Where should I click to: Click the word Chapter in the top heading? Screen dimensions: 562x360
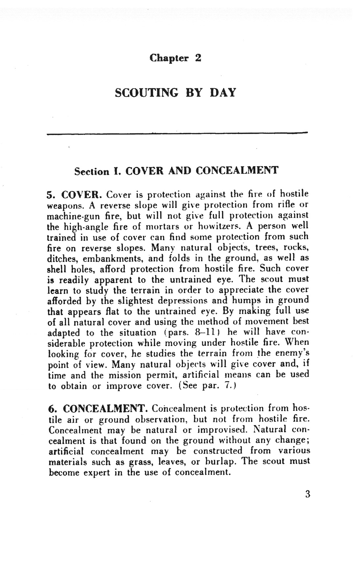point(169,58)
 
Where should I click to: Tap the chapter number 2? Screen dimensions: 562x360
point(198,58)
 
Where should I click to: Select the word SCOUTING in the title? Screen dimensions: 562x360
point(147,93)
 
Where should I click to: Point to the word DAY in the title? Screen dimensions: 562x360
point(223,93)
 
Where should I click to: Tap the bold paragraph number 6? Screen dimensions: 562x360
point(52,409)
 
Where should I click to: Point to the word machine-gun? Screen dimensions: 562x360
point(69,216)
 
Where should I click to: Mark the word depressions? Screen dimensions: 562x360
point(183,301)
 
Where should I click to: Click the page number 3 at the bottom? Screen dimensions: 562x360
point(308,494)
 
